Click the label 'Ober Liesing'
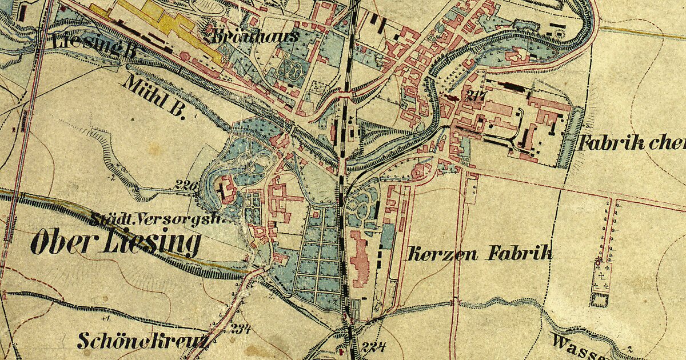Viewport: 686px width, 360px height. [115, 243]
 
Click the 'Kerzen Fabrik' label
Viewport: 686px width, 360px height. [479, 254]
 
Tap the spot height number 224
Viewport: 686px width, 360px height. [374, 346]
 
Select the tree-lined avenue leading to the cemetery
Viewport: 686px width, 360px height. [610, 229]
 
